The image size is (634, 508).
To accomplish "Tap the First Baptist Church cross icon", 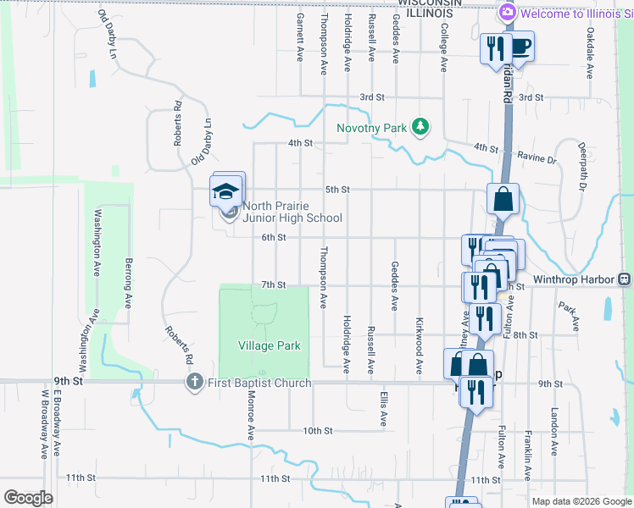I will (x=195, y=383).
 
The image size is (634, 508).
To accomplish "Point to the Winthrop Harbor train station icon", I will (x=624, y=279).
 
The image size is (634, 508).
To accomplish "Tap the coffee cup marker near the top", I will (x=520, y=46).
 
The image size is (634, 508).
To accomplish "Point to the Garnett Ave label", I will (x=300, y=37).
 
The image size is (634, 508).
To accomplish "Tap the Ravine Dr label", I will (x=539, y=159).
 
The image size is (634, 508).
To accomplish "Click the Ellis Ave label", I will (x=384, y=407).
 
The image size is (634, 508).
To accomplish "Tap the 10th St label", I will (x=318, y=431).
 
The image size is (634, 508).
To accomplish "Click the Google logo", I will (x=28, y=498).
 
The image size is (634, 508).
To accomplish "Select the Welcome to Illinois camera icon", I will (x=508, y=13).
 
